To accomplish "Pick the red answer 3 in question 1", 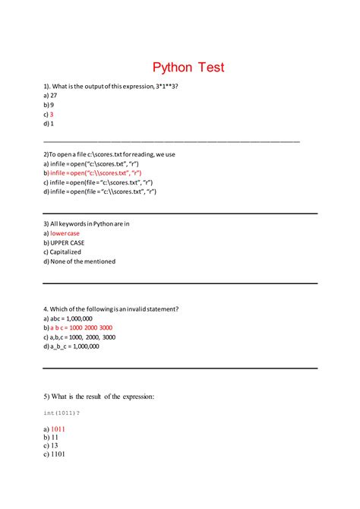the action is point(52,114).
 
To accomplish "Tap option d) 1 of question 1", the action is point(49,123).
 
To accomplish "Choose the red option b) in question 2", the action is point(93,173).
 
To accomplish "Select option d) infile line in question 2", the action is point(99,191).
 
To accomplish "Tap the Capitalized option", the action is point(65,252).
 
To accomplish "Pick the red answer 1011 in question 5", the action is point(58,429).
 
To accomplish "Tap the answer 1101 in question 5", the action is point(58,454).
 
